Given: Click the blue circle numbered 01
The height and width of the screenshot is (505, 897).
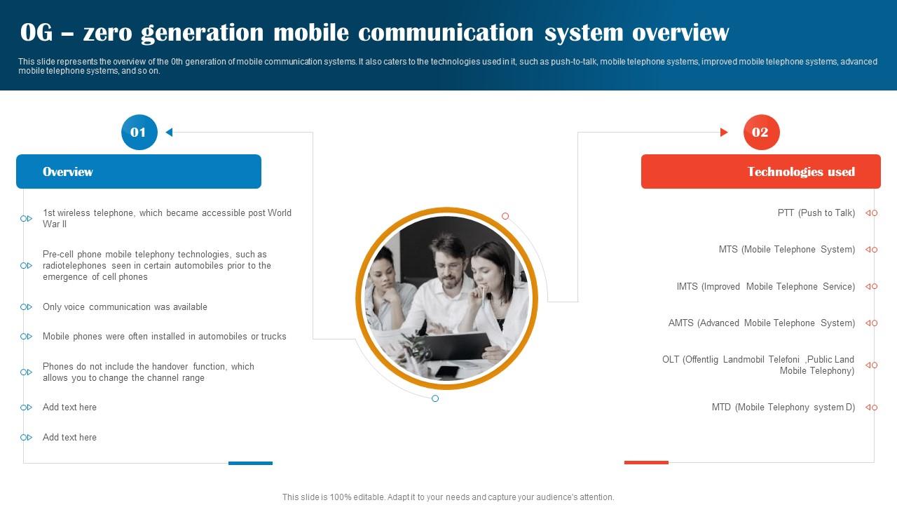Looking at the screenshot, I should click(x=139, y=133).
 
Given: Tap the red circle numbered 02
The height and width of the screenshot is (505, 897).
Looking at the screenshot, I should click(x=760, y=133).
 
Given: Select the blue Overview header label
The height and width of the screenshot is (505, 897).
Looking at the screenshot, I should click(x=68, y=172).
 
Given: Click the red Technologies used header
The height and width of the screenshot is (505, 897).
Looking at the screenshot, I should click(x=801, y=172).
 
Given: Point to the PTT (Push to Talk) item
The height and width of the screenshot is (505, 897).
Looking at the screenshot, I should click(x=816, y=213).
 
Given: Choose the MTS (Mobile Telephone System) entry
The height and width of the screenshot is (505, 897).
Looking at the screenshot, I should click(x=787, y=250).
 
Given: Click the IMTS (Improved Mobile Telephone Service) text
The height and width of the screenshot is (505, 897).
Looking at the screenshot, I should click(x=766, y=287).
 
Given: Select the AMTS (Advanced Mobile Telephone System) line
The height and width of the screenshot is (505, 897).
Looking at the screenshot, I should click(x=762, y=323).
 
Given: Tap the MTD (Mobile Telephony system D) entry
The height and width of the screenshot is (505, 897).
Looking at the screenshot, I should click(x=783, y=408).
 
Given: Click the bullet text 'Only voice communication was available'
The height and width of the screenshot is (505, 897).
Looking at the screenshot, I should click(x=125, y=307).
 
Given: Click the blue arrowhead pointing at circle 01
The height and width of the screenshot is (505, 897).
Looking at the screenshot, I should click(x=169, y=132).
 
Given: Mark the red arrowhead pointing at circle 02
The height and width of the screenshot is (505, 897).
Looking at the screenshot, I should click(x=725, y=132).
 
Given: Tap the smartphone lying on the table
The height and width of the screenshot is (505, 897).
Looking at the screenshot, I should click(x=446, y=371).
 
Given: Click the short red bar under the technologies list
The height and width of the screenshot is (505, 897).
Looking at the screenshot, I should click(x=646, y=462).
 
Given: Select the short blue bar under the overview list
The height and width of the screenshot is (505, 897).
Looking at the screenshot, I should click(x=250, y=463).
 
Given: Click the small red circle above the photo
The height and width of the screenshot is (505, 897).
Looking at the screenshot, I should click(x=505, y=216).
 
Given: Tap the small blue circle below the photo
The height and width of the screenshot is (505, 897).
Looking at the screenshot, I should click(x=435, y=398).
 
